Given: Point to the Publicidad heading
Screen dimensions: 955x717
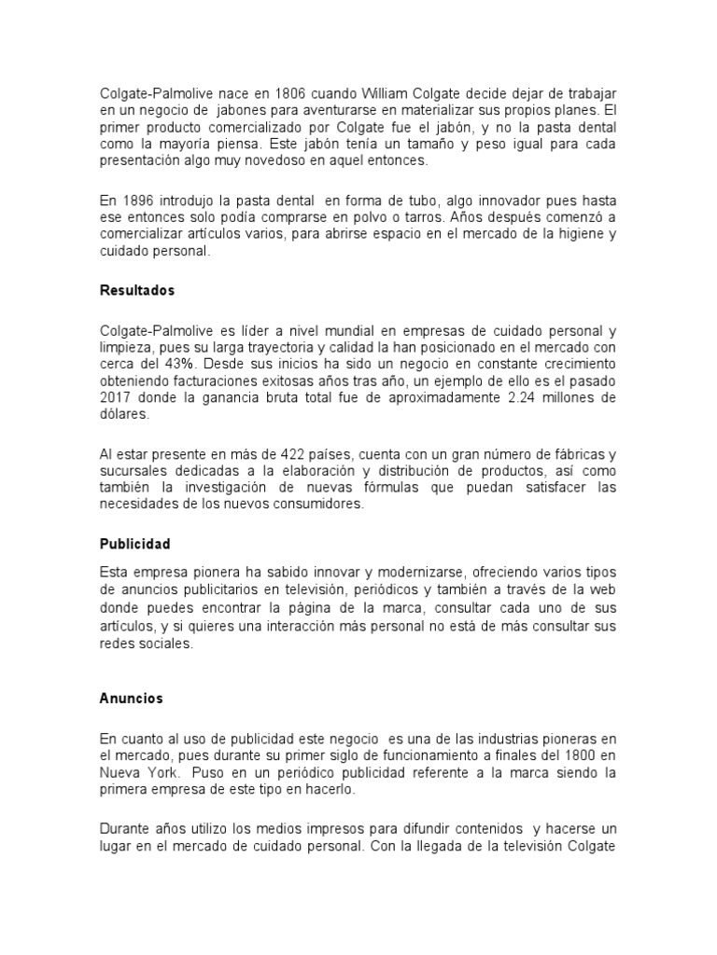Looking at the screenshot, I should click(x=134, y=544).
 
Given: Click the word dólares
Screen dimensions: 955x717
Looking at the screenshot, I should click(x=123, y=412).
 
